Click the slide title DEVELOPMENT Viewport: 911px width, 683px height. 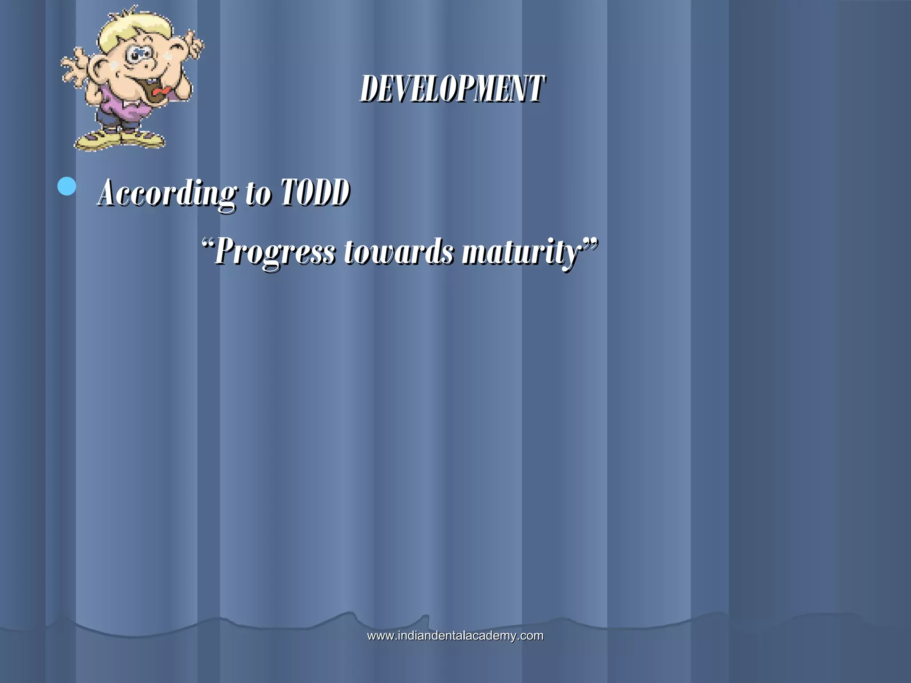tap(452, 88)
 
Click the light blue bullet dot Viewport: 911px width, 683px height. tap(67, 186)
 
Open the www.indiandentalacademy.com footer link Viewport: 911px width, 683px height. tap(455, 635)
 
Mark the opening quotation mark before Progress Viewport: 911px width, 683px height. tap(206, 243)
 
